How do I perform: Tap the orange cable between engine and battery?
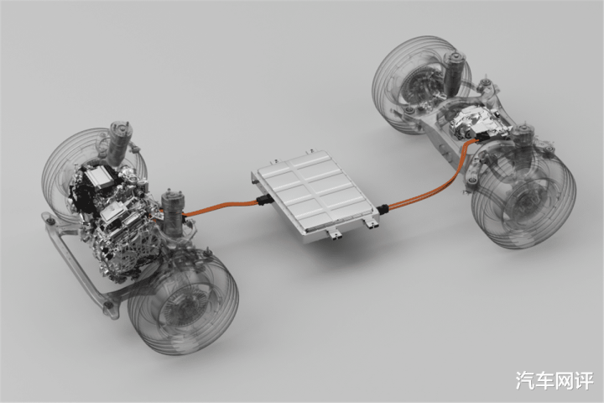point(220,207)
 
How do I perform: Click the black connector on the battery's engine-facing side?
point(263,201)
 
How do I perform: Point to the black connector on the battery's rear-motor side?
point(383,209)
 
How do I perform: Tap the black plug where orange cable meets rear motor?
point(482,137)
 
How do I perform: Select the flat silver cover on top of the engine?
point(99,176)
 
